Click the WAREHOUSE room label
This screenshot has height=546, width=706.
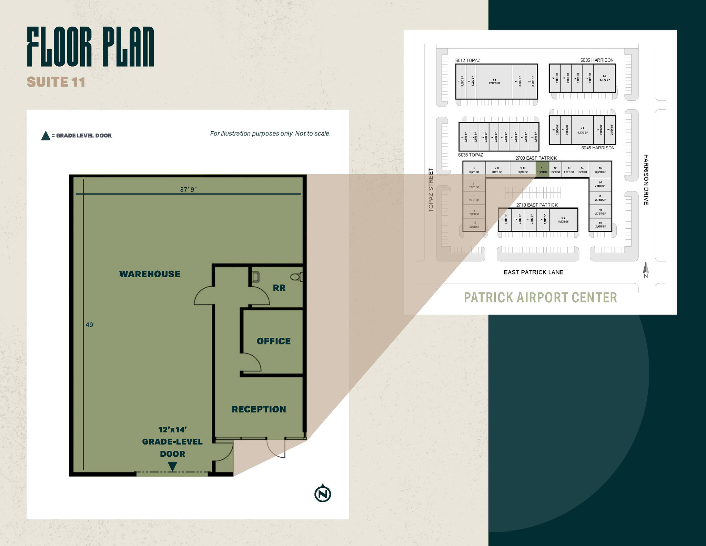click(x=150, y=274)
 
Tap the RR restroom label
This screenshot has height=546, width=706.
click(x=279, y=288)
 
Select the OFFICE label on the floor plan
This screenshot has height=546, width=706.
click(x=274, y=341)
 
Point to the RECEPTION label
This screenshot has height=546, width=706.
click(x=259, y=409)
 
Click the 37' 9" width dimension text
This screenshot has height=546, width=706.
click(x=188, y=189)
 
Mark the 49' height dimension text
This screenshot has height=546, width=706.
click(x=90, y=325)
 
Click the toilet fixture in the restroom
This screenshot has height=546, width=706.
click(x=296, y=277)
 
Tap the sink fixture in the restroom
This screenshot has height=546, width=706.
click(x=255, y=277)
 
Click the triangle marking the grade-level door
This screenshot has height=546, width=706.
click(x=172, y=466)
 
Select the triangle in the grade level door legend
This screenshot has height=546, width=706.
click(x=46, y=136)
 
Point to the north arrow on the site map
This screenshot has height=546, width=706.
click(x=646, y=269)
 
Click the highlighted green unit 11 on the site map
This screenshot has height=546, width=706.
click(x=542, y=170)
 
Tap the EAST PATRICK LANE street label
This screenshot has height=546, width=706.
click(x=533, y=272)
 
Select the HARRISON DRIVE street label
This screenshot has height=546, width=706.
click(x=646, y=180)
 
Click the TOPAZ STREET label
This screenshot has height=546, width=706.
click(x=431, y=190)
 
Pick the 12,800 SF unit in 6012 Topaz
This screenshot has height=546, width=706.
click(x=494, y=81)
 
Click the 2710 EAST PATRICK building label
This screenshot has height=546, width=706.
click(x=537, y=205)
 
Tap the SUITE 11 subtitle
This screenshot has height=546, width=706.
click(x=56, y=82)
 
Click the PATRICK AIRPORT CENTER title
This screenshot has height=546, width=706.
click(x=540, y=297)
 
